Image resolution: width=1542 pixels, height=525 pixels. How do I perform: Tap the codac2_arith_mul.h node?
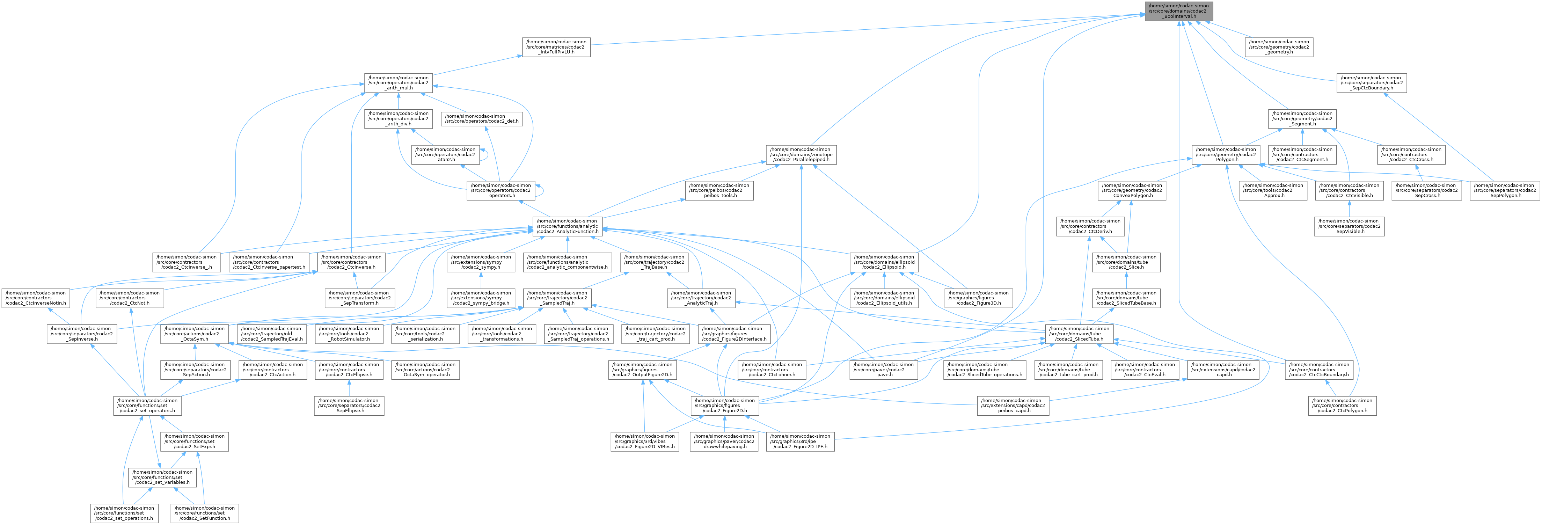click(x=398, y=83)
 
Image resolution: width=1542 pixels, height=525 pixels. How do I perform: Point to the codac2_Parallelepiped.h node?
click(x=800, y=154)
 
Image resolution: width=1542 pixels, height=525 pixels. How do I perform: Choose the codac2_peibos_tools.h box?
click(x=719, y=190)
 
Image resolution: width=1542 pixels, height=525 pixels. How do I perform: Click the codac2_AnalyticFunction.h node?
click(x=568, y=226)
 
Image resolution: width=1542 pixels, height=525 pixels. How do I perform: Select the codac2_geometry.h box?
click(x=1279, y=47)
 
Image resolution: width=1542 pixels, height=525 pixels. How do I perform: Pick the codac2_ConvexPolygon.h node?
click(x=1130, y=190)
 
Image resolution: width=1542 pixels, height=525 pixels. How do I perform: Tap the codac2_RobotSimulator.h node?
click(x=348, y=334)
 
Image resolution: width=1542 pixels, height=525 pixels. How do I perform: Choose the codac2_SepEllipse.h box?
click(x=348, y=406)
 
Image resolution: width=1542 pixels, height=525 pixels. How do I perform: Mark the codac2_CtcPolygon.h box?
click(x=1341, y=406)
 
